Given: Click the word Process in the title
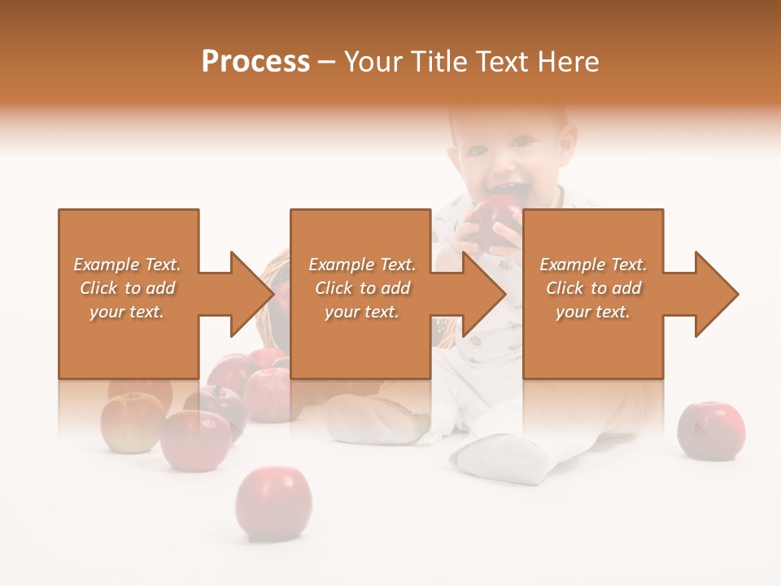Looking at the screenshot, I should tap(255, 62).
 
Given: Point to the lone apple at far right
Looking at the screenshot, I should tap(711, 430).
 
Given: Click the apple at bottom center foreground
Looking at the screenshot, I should tap(273, 503).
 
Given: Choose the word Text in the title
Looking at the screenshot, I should tap(501, 62).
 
